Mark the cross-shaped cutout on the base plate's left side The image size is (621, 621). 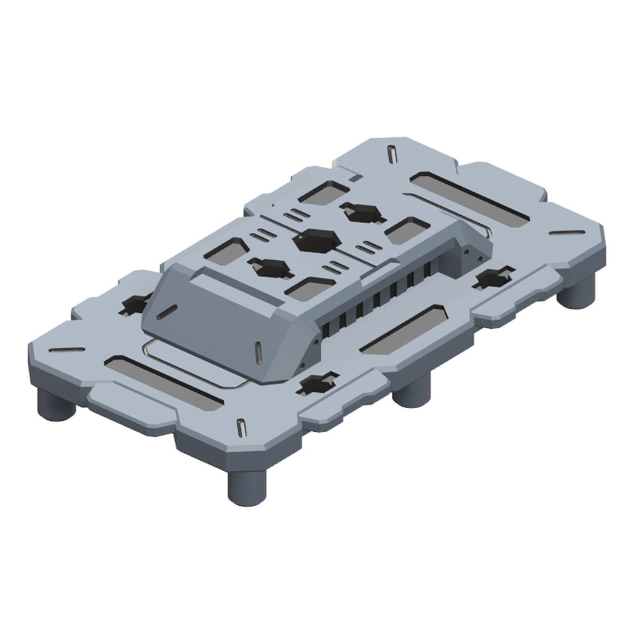coord(135,303)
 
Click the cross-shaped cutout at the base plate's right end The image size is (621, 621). coord(492,278)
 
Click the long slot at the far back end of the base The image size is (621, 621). coord(467,200)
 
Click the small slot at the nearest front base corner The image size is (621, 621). coord(242,427)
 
